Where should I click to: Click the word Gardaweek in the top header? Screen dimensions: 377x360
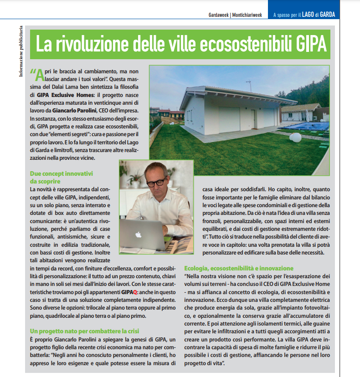pos(216,15)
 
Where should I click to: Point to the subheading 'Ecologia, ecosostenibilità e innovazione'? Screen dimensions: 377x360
pos(239,268)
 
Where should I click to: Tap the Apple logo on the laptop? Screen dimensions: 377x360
pos(138,234)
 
